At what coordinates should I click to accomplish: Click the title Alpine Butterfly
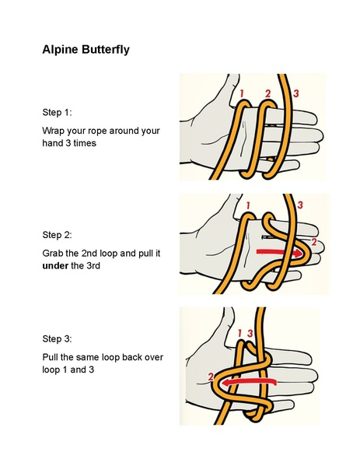tap(86, 50)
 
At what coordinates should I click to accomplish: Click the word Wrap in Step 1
tap(54, 131)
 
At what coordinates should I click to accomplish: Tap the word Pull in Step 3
tap(51, 357)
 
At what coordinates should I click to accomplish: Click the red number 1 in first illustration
tap(243, 94)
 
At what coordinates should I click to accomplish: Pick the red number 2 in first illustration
tap(267, 94)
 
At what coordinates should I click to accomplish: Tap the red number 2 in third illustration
tap(211, 377)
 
